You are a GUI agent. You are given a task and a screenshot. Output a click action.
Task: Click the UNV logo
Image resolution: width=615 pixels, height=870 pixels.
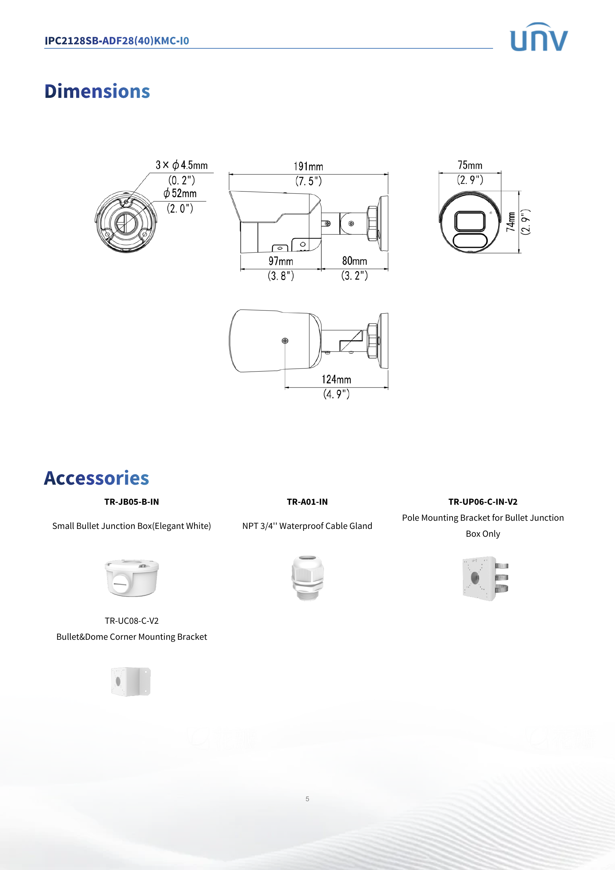click(538, 37)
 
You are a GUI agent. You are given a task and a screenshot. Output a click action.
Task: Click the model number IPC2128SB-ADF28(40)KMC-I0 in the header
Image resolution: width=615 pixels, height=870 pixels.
click(117, 41)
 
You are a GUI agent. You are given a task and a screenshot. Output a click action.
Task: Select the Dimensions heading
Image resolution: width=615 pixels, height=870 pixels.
click(97, 92)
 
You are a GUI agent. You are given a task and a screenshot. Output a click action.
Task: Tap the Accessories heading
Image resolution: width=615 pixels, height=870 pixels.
click(97, 478)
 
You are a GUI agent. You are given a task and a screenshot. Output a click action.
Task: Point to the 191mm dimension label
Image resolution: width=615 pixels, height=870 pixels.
click(308, 167)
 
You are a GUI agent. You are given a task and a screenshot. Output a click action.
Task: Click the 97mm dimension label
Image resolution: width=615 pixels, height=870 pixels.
click(281, 261)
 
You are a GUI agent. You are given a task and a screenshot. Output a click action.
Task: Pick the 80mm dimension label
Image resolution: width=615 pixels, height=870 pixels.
click(354, 261)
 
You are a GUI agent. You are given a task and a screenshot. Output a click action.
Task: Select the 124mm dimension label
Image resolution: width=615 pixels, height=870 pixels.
click(336, 380)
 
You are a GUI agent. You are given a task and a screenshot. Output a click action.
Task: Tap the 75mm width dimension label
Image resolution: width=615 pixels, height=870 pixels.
click(470, 166)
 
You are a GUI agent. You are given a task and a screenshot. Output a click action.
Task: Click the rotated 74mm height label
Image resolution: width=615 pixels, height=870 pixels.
click(511, 222)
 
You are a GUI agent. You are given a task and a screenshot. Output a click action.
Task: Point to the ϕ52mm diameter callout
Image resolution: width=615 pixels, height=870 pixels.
click(180, 194)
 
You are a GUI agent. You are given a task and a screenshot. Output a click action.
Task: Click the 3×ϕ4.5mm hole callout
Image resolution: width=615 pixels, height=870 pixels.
click(182, 165)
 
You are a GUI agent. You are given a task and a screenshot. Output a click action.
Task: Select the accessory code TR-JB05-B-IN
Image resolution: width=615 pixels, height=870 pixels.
click(132, 502)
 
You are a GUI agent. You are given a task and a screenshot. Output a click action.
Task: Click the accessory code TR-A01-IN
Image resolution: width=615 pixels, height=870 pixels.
click(307, 502)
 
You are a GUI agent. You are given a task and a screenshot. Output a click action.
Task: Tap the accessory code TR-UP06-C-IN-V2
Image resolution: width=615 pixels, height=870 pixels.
click(483, 502)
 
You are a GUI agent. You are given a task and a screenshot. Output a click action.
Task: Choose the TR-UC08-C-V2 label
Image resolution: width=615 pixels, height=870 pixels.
click(132, 621)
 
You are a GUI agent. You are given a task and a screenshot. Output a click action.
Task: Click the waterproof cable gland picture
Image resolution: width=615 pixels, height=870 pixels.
click(307, 578)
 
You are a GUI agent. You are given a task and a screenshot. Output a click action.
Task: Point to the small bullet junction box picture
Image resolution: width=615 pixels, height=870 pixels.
click(132, 578)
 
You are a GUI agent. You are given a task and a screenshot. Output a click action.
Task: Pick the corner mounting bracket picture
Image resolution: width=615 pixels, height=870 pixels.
click(131, 681)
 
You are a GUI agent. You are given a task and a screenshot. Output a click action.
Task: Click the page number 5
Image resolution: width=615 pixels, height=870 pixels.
click(307, 799)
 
